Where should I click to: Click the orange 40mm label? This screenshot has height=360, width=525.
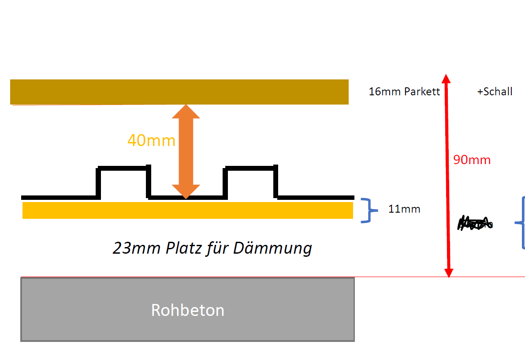151,141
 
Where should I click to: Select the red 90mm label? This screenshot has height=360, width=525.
472,160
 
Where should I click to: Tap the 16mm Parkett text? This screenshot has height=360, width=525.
404,92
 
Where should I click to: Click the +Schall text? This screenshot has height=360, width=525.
495,92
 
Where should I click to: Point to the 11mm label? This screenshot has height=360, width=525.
404,209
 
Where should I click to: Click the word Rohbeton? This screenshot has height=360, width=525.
188,310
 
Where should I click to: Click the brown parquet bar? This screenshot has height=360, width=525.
179,92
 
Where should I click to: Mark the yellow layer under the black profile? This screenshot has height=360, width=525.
188,210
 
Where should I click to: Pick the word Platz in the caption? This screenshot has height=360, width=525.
185,248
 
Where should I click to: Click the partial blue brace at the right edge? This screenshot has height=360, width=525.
521,223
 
